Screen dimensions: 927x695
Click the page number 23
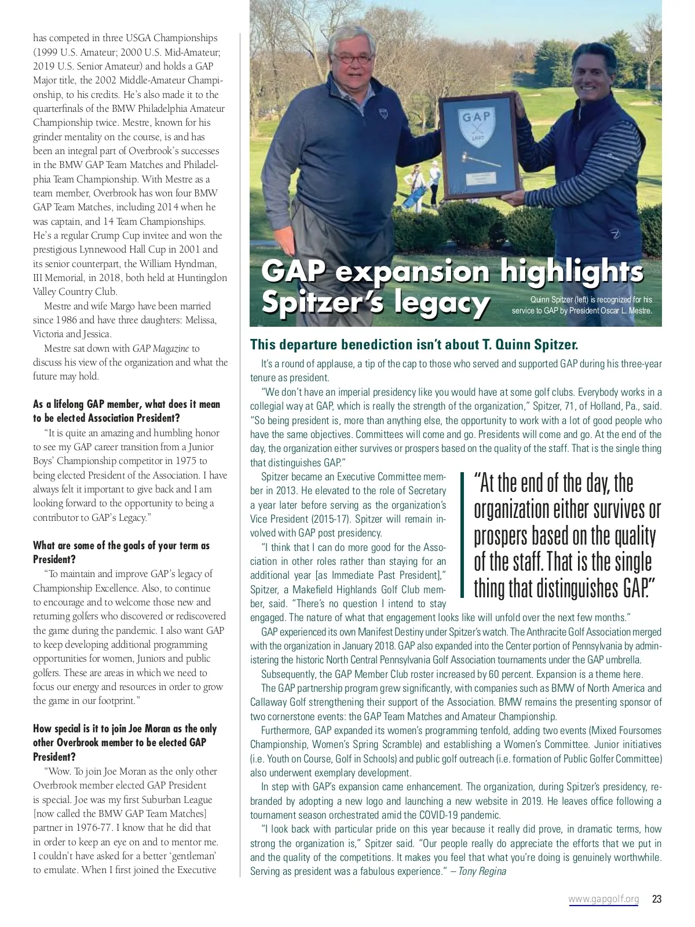(656, 899)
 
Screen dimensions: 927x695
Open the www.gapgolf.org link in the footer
(603, 899)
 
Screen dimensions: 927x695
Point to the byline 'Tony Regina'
(482, 871)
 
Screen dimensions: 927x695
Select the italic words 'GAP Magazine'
(160, 348)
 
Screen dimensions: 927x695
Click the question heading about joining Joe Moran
(125, 743)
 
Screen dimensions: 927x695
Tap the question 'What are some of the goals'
(121, 552)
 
